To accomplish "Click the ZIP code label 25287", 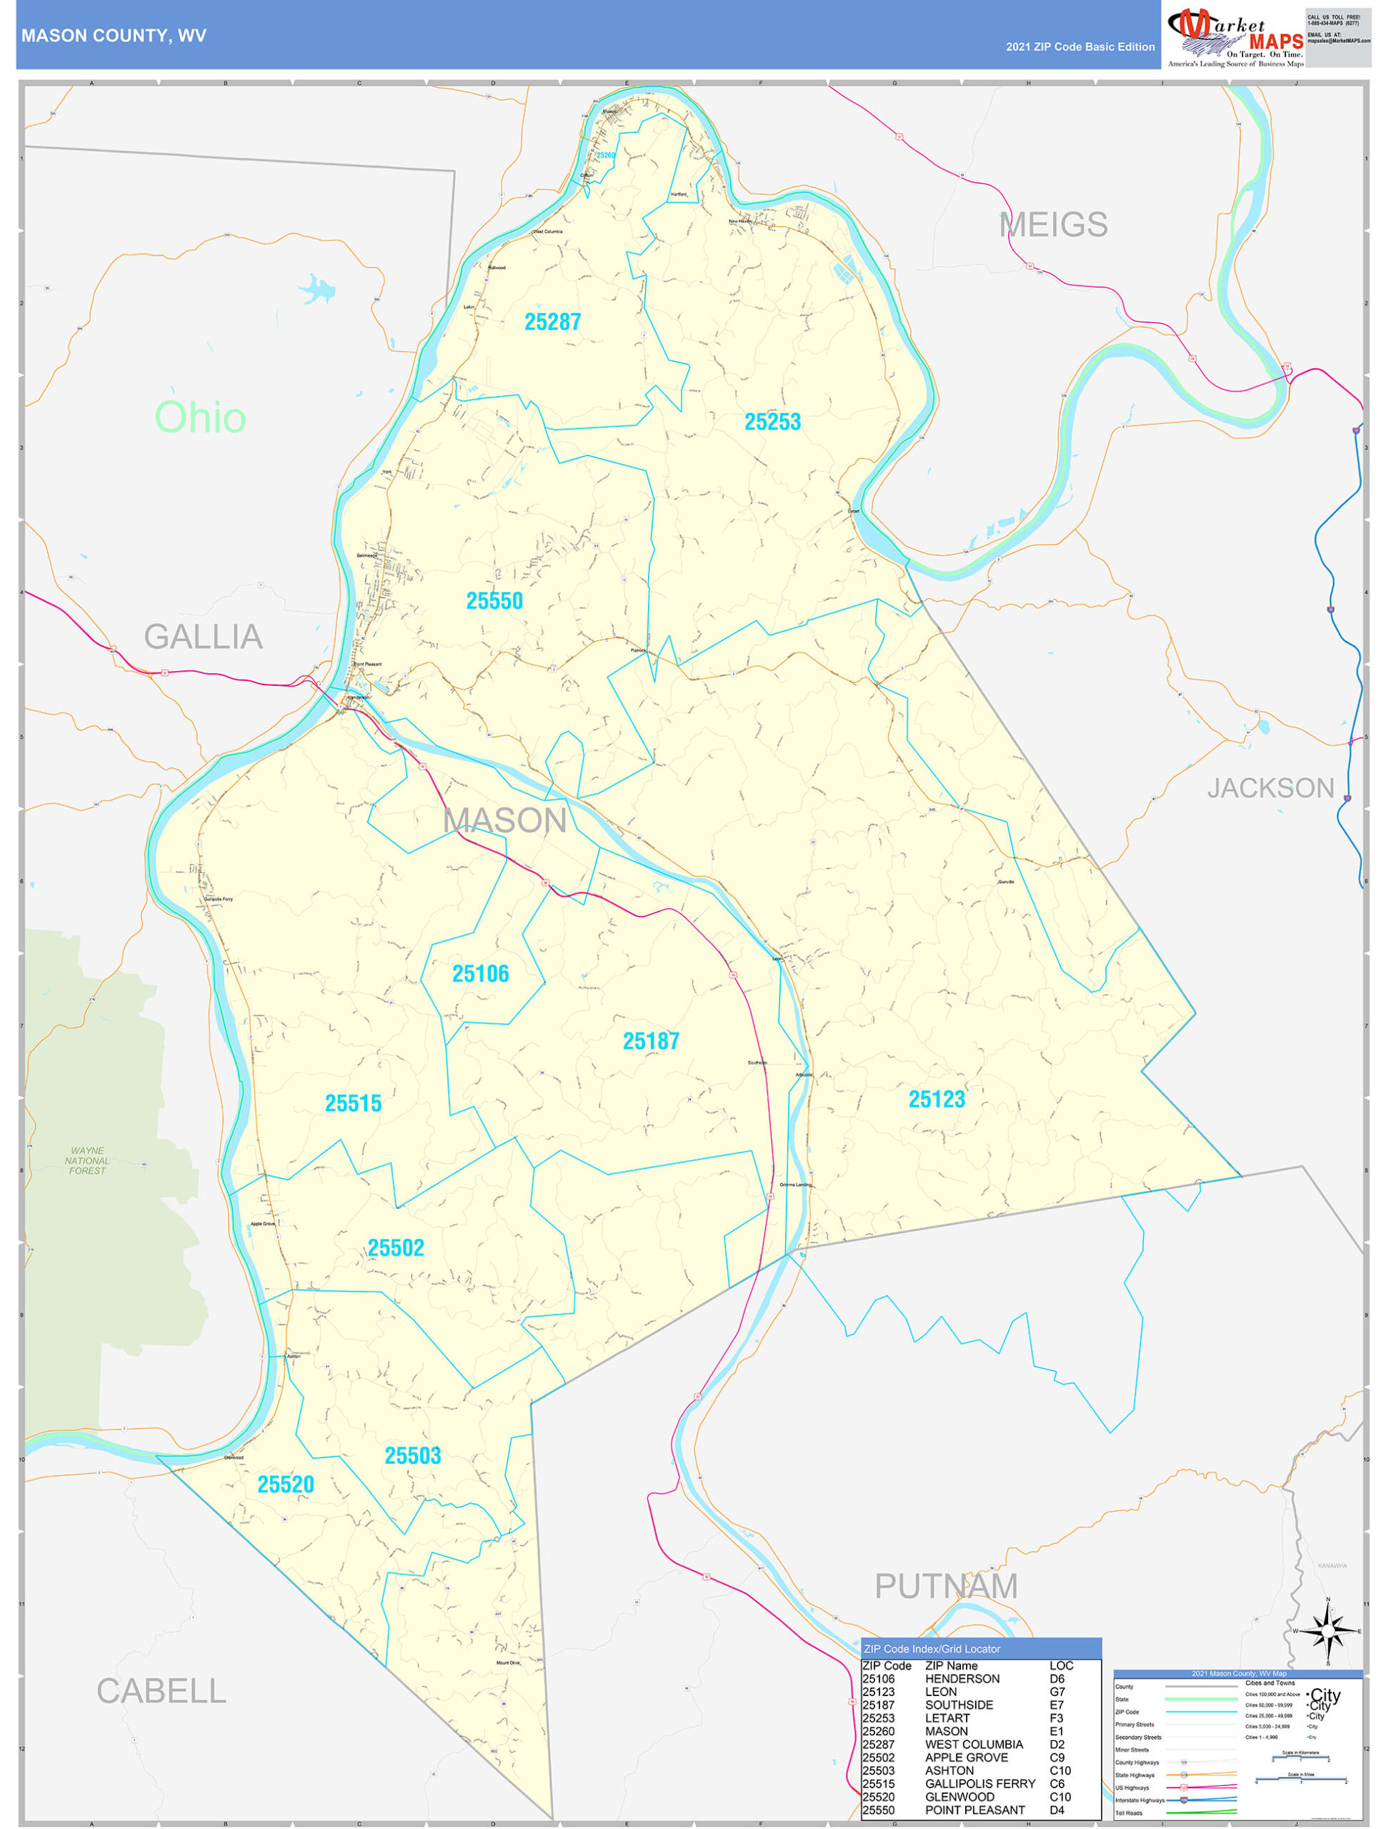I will [x=552, y=322].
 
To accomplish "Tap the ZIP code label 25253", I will [x=772, y=422].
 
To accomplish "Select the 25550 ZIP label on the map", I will [x=494, y=601].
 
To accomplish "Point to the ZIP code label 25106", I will [x=480, y=974].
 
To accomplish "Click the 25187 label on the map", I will [x=651, y=1042].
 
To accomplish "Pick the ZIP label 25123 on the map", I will [x=937, y=1100].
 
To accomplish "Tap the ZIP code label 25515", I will [x=353, y=1104].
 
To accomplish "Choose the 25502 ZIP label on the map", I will [x=395, y=1249].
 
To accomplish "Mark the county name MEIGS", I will [x=1052, y=225].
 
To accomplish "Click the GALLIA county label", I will [x=204, y=637].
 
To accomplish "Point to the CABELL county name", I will [x=161, y=1692].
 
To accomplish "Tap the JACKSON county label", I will [x=1270, y=788].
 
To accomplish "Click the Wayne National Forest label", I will [x=88, y=1160].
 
